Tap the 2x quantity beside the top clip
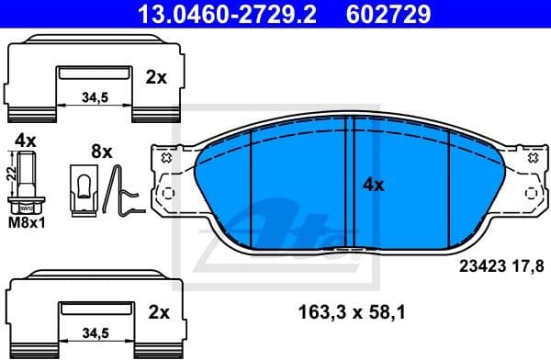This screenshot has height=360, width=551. click(x=156, y=78)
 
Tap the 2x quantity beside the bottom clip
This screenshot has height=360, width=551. click(x=158, y=313)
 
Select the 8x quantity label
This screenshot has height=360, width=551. click(x=100, y=150)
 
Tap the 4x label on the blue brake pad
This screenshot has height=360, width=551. click(x=373, y=184)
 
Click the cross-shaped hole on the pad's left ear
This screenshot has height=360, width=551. click(x=166, y=159)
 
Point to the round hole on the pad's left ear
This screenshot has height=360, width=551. click(x=166, y=193)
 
